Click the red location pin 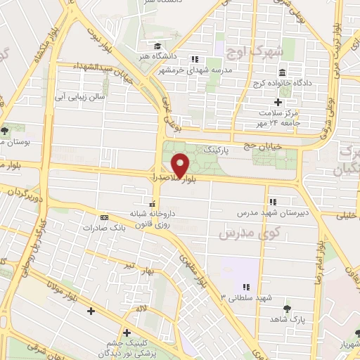181,165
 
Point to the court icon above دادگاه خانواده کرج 282,72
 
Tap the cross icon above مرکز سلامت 278,103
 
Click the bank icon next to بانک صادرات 104,217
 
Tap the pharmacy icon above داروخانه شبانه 152,204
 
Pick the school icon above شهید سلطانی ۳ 247,287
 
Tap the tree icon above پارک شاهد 286,308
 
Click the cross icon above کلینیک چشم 127,333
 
